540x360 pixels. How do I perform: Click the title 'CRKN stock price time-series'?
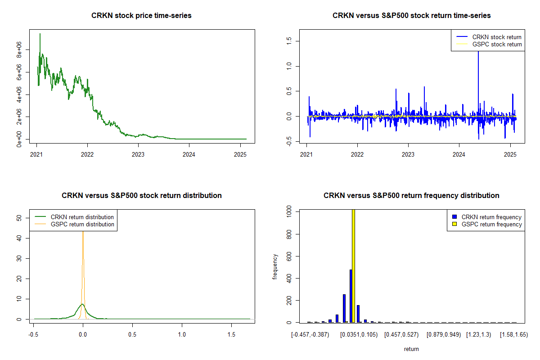(141, 16)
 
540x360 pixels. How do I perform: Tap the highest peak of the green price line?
(40, 34)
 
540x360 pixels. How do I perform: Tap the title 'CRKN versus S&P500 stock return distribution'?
(141, 196)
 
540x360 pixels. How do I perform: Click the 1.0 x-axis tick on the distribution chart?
(182, 335)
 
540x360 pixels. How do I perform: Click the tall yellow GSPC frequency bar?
(353, 265)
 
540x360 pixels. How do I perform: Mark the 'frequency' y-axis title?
(275, 267)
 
